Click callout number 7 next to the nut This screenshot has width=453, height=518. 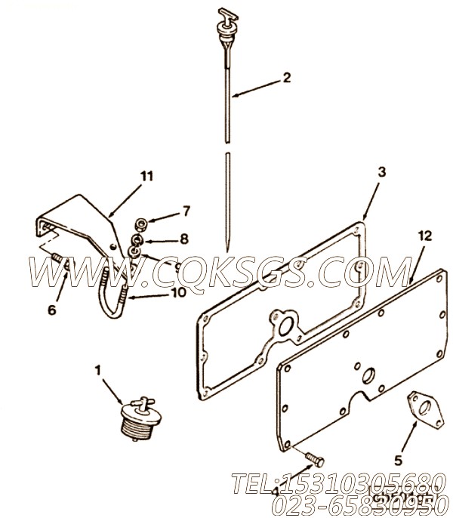186,210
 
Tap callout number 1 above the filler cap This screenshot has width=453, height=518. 97,371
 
